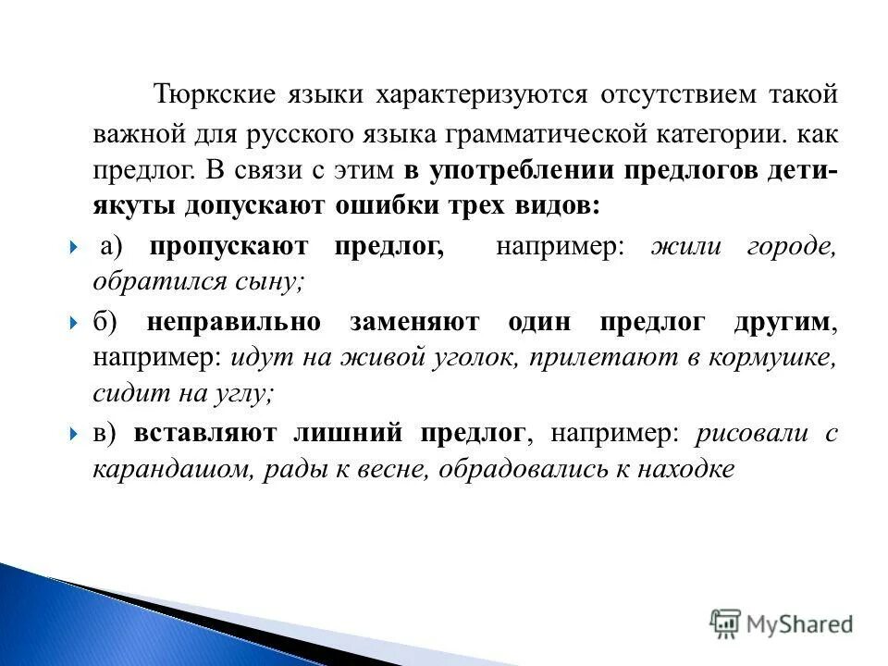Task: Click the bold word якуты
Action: [x=129, y=206]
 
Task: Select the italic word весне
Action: [x=393, y=469]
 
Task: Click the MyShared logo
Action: [x=782, y=624]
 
